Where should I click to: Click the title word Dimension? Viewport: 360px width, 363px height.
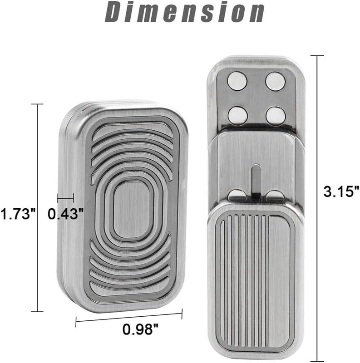pyautogui.click(x=184, y=12)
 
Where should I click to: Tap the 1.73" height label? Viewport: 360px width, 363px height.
pyautogui.click(x=18, y=213)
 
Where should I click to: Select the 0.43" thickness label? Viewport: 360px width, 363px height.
pyautogui.click(x=66, y=213)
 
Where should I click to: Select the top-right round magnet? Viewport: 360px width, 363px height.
pyautogui.click(x=275, y=81)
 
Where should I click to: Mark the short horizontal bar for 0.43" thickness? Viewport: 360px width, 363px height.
pyautogui.click(x=65, y=198)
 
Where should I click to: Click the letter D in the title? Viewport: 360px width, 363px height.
pyautogui.click(x=115, y=12)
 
